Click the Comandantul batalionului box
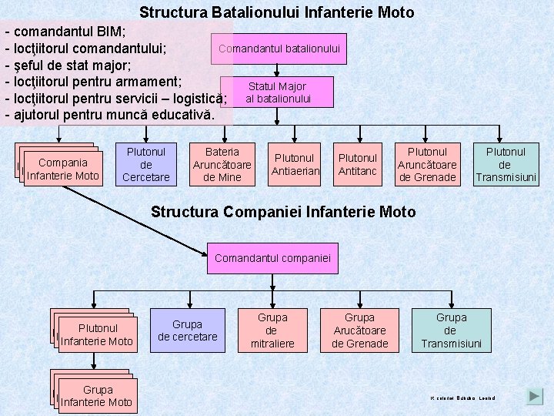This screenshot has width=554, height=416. (x=279, y=49)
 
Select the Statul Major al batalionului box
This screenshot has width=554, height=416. (x=277, y=92)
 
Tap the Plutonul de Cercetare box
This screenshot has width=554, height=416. (x=145, y=165)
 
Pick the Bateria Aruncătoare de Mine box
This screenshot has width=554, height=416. (x=222, y=165)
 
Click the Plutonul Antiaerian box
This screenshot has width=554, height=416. (x=295, y=165)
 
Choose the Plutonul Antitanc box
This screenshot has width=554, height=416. (x=358, y=165)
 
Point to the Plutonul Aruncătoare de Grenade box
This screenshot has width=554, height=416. (x=427, y=165)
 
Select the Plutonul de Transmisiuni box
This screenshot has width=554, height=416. (x=505, y=165)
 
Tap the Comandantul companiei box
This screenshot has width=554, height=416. (x=273, y=258)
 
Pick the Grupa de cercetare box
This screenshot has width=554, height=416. (x=188, y=330)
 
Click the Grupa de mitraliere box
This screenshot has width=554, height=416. (x=272, y=330)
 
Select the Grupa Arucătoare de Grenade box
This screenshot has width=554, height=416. (x=359, y=330)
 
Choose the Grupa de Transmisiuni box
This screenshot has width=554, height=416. (x=451, y=330)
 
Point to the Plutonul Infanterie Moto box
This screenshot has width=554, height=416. (x=97, y=334)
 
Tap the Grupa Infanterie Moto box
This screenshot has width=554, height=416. (x=97, y=396)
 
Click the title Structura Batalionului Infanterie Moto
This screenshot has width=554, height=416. (x=277, y=12)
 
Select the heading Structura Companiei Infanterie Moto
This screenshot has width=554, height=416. (x=283, y=212)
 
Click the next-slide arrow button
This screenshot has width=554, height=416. (x=535, y=397)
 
